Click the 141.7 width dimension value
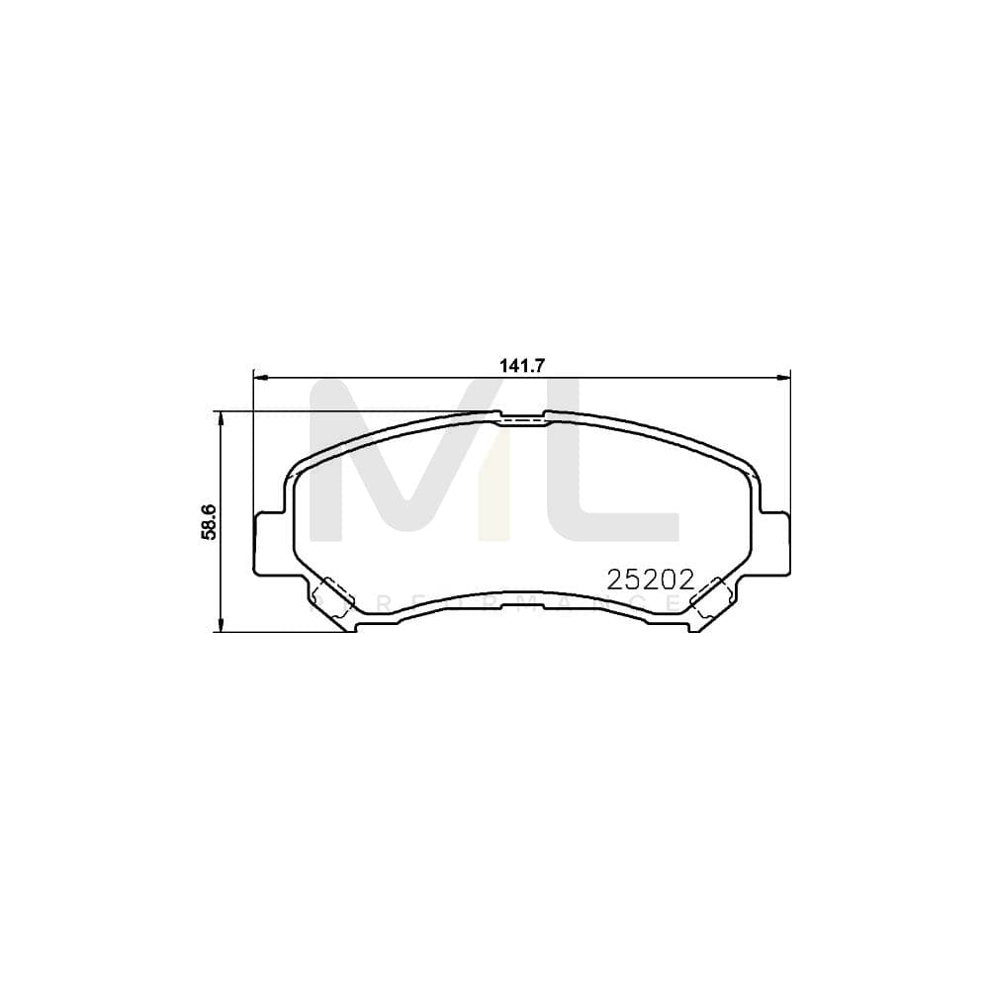tap(522, 365)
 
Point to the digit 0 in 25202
tap(671, 581)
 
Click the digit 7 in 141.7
tap(540, 365)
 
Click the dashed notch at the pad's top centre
tap(522, 418)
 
